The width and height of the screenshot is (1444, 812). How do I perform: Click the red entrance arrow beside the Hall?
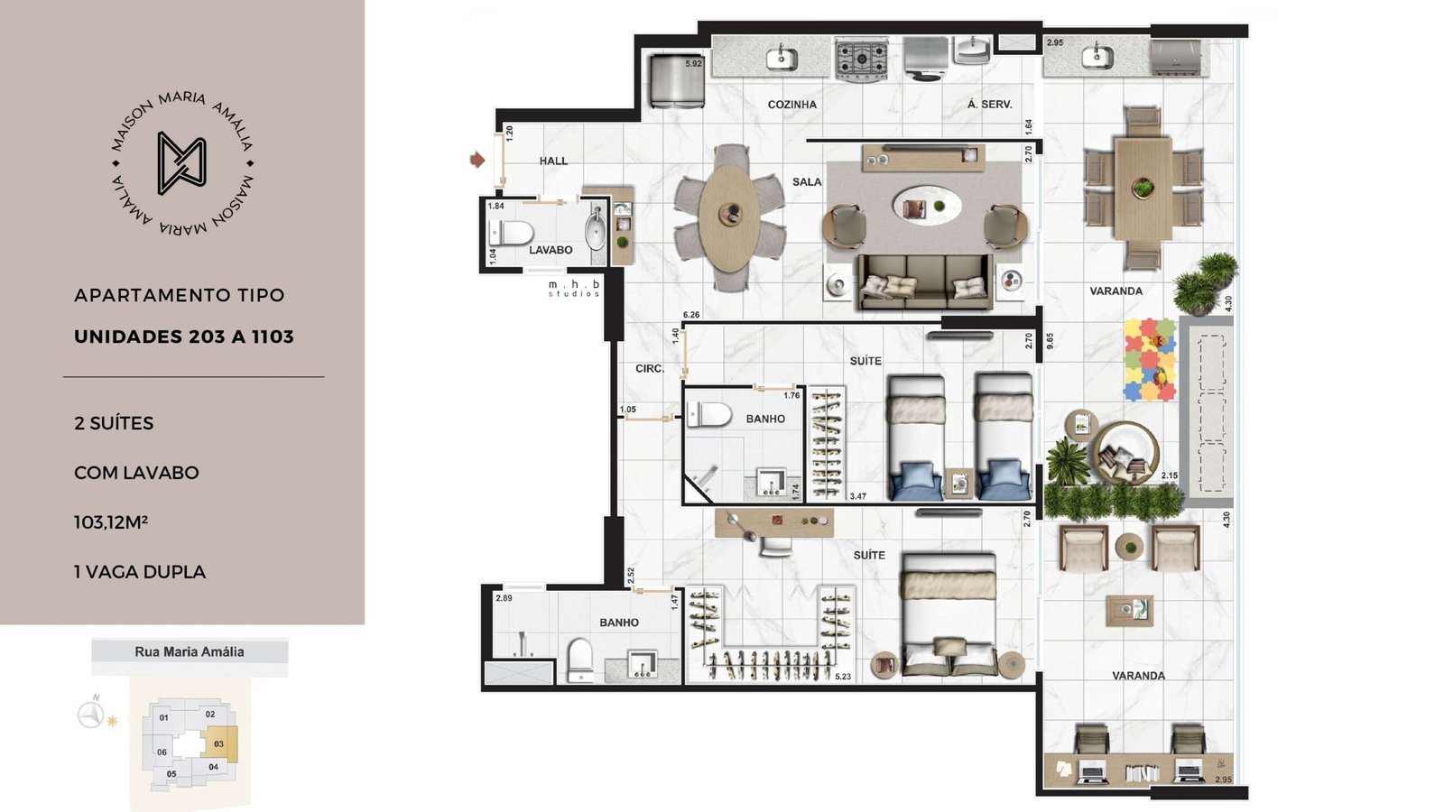477,159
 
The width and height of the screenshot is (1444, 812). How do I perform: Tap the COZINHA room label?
791,105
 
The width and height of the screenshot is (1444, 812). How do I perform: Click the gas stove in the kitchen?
861,59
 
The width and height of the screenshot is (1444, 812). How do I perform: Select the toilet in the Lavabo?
511,233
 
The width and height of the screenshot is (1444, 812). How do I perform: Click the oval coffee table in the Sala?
927,207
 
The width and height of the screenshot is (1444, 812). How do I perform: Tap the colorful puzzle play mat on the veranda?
1150,360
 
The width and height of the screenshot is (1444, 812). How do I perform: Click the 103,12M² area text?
111,521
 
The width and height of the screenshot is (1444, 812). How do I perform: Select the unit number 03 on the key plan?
218,743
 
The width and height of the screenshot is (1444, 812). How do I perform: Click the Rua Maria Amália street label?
190,651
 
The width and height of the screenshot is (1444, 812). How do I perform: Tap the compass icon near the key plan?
91,714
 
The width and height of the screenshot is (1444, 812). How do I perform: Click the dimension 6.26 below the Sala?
691,315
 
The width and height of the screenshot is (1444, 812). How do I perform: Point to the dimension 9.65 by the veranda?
1050,341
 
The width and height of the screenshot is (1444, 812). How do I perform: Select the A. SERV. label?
989,105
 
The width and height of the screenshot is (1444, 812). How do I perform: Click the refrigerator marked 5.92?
676,80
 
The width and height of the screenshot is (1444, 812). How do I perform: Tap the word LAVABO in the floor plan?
551,250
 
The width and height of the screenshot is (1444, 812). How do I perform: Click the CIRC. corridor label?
650,369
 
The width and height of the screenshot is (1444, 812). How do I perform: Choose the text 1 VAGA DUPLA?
140,572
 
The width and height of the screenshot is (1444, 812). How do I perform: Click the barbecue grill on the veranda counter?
1175,57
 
